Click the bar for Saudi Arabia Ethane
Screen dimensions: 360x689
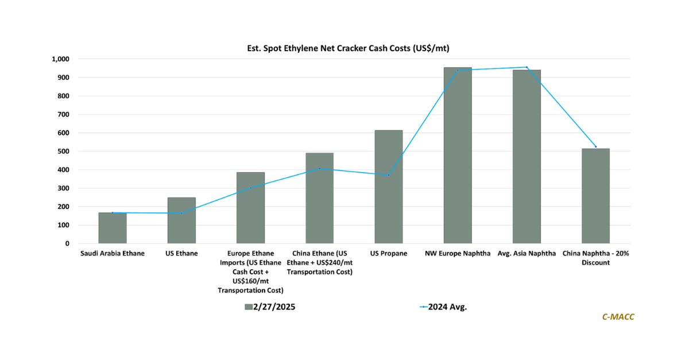(113, 228)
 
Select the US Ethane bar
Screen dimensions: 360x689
(181, 220)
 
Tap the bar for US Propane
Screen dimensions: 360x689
(389, 187)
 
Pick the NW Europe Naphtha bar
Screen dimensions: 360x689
(458, 155)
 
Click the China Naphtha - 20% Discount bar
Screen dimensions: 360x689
(595, 196)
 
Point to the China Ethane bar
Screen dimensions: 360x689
(319, 198)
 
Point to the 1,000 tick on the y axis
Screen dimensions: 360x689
(60, 59)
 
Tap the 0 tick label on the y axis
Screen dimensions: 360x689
(67, 243)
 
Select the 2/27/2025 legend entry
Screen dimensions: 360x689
(270, 307)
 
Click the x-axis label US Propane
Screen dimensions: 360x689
(389, 253)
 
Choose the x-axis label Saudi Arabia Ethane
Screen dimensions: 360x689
(113, 253)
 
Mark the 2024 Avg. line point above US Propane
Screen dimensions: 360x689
(389, 175)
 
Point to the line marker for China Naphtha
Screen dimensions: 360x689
(595, 147)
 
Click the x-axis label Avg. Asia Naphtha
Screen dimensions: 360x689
(527, 253)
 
